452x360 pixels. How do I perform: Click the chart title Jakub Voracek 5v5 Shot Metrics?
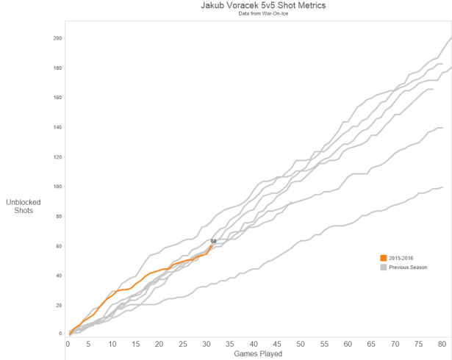pos(254,5)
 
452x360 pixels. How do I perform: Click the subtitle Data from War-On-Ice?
pos(254,14)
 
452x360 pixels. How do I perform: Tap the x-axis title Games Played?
pos(258,354)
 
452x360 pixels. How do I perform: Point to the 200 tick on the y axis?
pos(57,38)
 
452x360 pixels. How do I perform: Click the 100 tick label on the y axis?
pos(57,187)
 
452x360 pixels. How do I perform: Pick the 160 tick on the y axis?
pos(57,98)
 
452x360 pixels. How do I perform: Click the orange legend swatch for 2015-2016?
pos(383,258)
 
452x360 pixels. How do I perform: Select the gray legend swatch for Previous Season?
pos(383,267)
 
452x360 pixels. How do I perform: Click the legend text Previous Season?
pos(408,267)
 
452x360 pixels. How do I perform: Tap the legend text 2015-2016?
pos(401,258)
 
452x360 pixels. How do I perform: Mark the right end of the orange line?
pos(213,246)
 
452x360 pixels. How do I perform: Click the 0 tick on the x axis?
pos(68,343)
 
